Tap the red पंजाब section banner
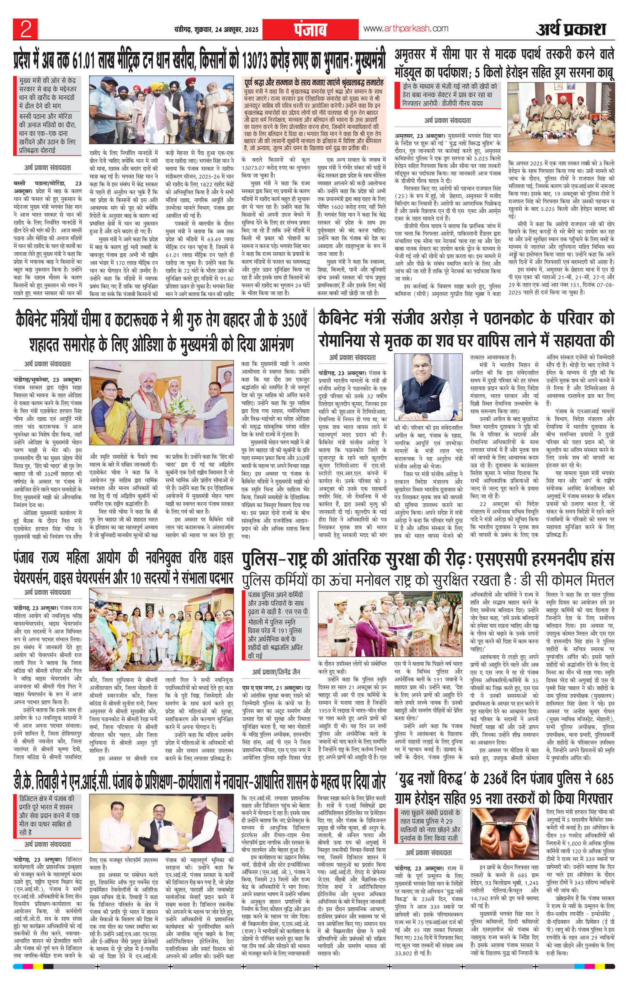pyautogui.click(x=309, y=29)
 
